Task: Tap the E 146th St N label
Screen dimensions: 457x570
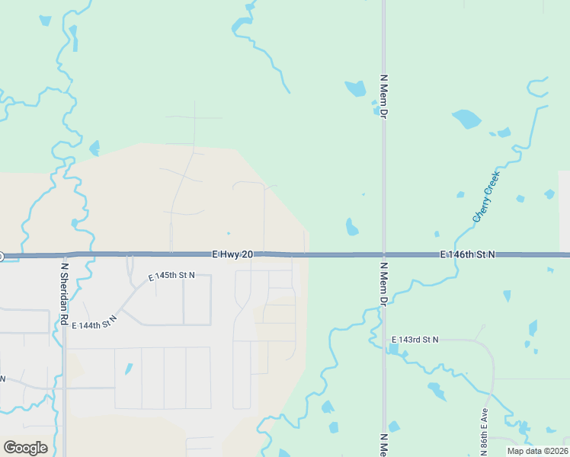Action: [x=467, y=254]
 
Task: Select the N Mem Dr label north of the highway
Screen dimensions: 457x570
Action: [x=384, y=96]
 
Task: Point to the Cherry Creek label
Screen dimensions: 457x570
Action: [x=486, y=197]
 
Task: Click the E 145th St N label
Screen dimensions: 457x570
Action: [x=171, y=275]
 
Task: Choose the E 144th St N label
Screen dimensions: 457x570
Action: [x=95, y=323]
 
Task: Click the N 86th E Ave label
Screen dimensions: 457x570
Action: [x=484, y=434]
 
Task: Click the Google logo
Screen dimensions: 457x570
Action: [x=25, y=448]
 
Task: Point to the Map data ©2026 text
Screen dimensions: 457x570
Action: [x=536, y=451]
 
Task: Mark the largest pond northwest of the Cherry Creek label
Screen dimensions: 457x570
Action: [x=466, y=119]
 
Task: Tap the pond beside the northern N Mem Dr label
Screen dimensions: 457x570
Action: [x=355, y=88]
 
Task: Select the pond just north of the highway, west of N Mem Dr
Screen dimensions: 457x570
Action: [x=351, y=227]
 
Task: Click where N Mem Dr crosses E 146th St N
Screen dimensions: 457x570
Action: [x=384, y=254]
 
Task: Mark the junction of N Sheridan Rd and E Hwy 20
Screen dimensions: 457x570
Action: [x=64, y=254]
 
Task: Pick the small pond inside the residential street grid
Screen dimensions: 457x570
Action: [x=128, y=369]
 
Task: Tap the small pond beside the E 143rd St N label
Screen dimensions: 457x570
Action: [x=392, y=350]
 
